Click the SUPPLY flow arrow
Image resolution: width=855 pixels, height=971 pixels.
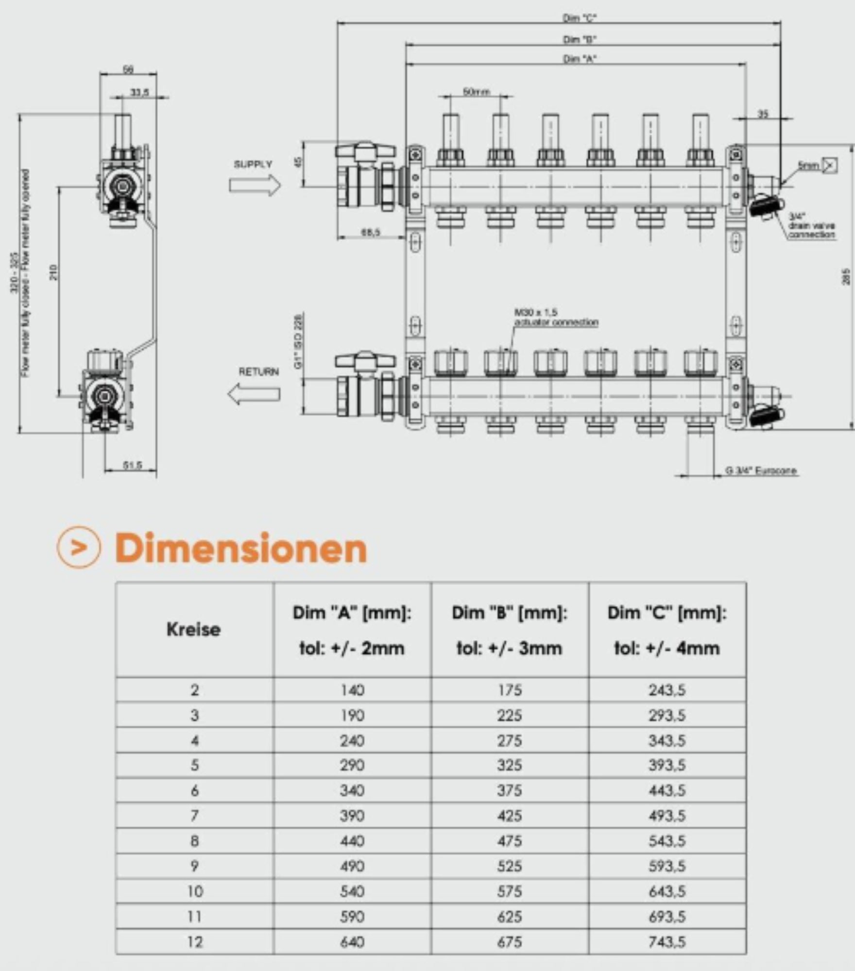click(x=255, y=185)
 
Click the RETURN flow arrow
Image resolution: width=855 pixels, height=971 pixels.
click(x=254, y=393)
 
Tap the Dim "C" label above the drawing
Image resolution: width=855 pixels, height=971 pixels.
click(x=579, y=18)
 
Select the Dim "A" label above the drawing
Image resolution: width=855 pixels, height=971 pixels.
click(x=579, y=59)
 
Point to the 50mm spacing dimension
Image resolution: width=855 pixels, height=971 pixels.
click(x=476, y=91)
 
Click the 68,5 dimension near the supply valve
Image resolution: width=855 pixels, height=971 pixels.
click(x=370, y=233)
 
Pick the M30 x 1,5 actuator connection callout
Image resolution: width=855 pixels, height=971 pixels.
click(x=556, y=317)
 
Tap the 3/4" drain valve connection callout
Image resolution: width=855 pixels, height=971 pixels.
click(x=811, y=226)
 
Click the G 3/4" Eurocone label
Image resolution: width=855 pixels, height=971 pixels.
click(x=761, y=470)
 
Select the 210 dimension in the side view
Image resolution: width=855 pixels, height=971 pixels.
click(x=54, y=272)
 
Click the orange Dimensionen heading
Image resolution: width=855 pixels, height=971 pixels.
click(x=241, y=548)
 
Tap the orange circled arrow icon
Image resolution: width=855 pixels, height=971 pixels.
click(x=79, y=547)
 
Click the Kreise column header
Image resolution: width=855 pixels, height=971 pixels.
click(x=194, y=629)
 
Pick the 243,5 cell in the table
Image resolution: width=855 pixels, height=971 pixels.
click(x=667, y=690)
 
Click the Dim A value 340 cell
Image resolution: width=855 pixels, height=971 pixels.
click(x=352, y=790)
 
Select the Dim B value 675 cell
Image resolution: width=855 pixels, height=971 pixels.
click(x=510, y=942)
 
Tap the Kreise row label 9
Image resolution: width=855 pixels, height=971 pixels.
click(x=194, y=866)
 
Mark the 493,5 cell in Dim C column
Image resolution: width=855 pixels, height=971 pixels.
click(x=667, y=816)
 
